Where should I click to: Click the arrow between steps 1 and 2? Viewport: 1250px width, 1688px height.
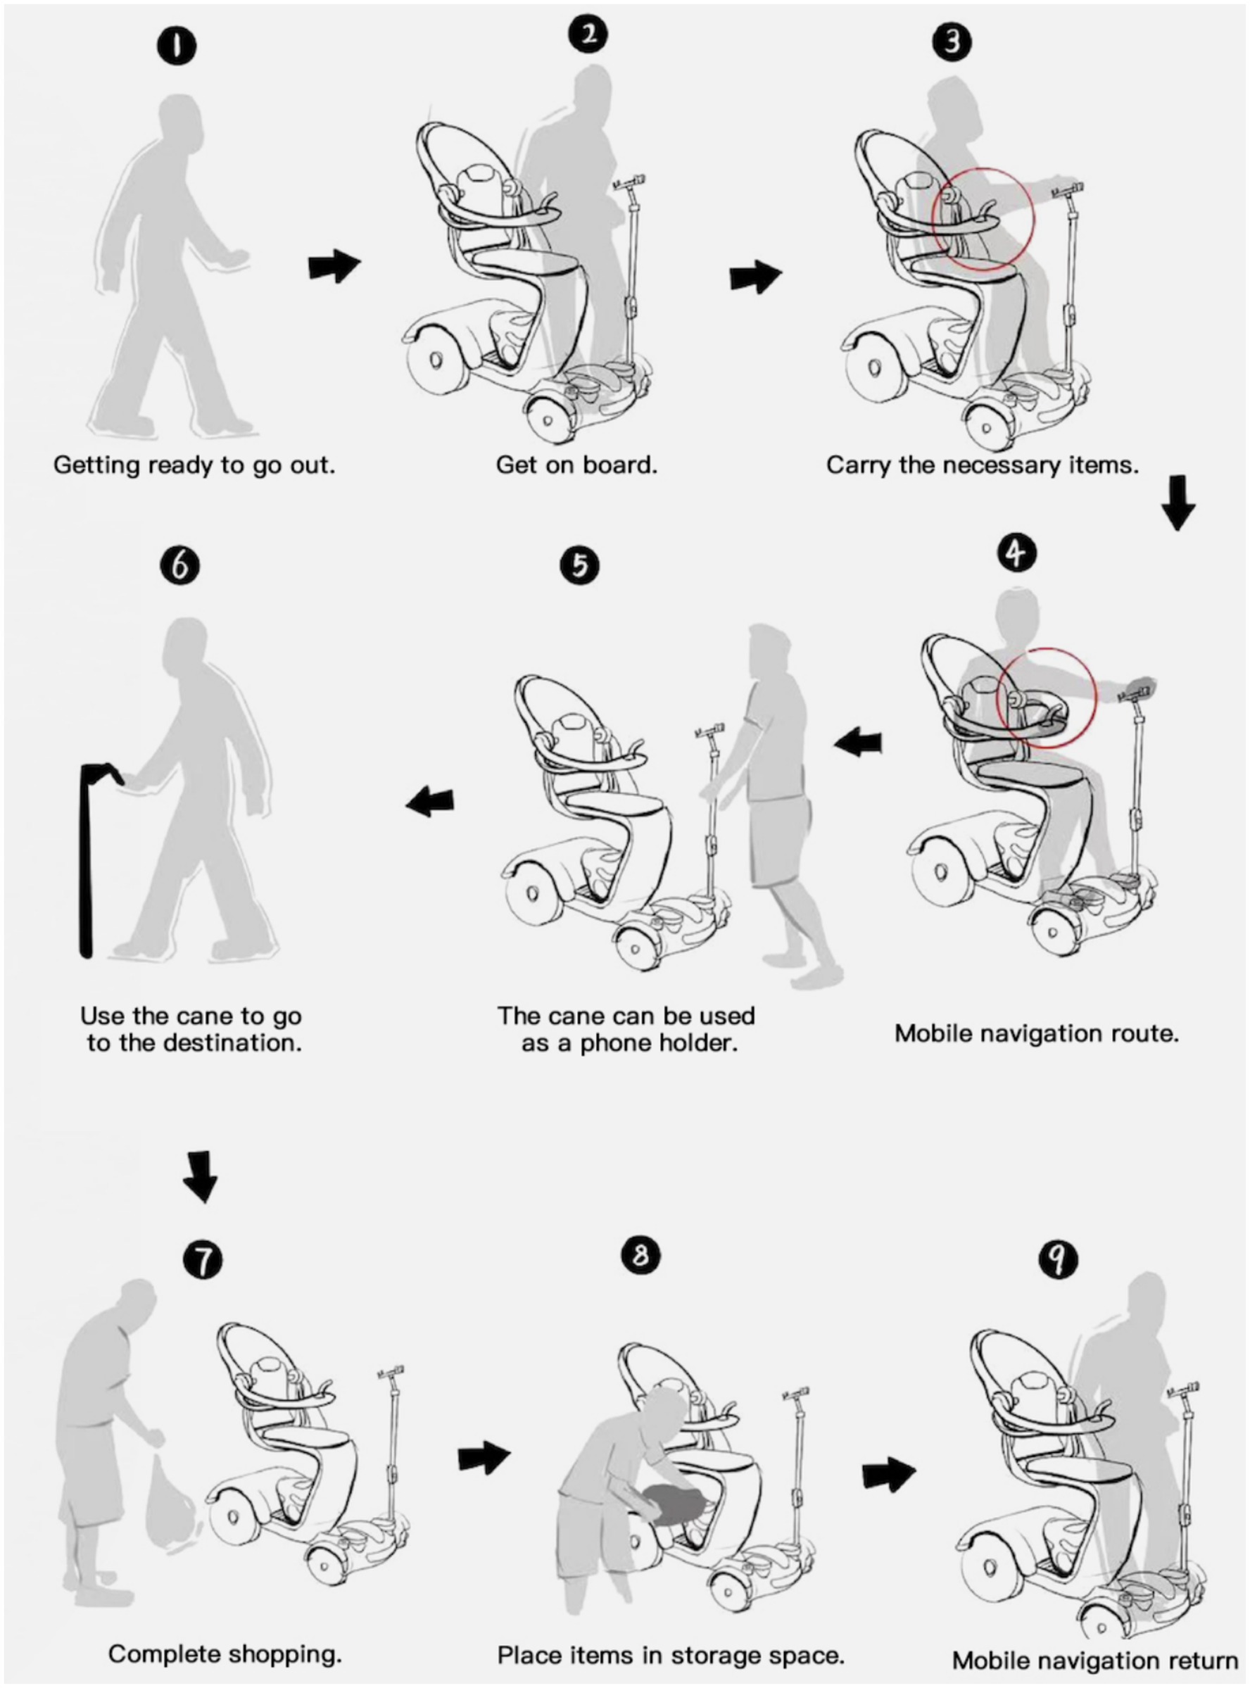click(334, 265)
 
